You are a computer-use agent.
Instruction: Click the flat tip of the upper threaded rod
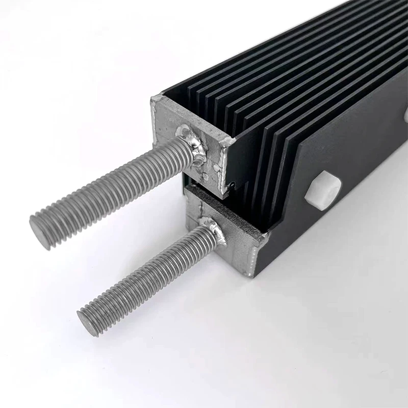pos(40,232)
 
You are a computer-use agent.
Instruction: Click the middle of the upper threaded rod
pos(112,189)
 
